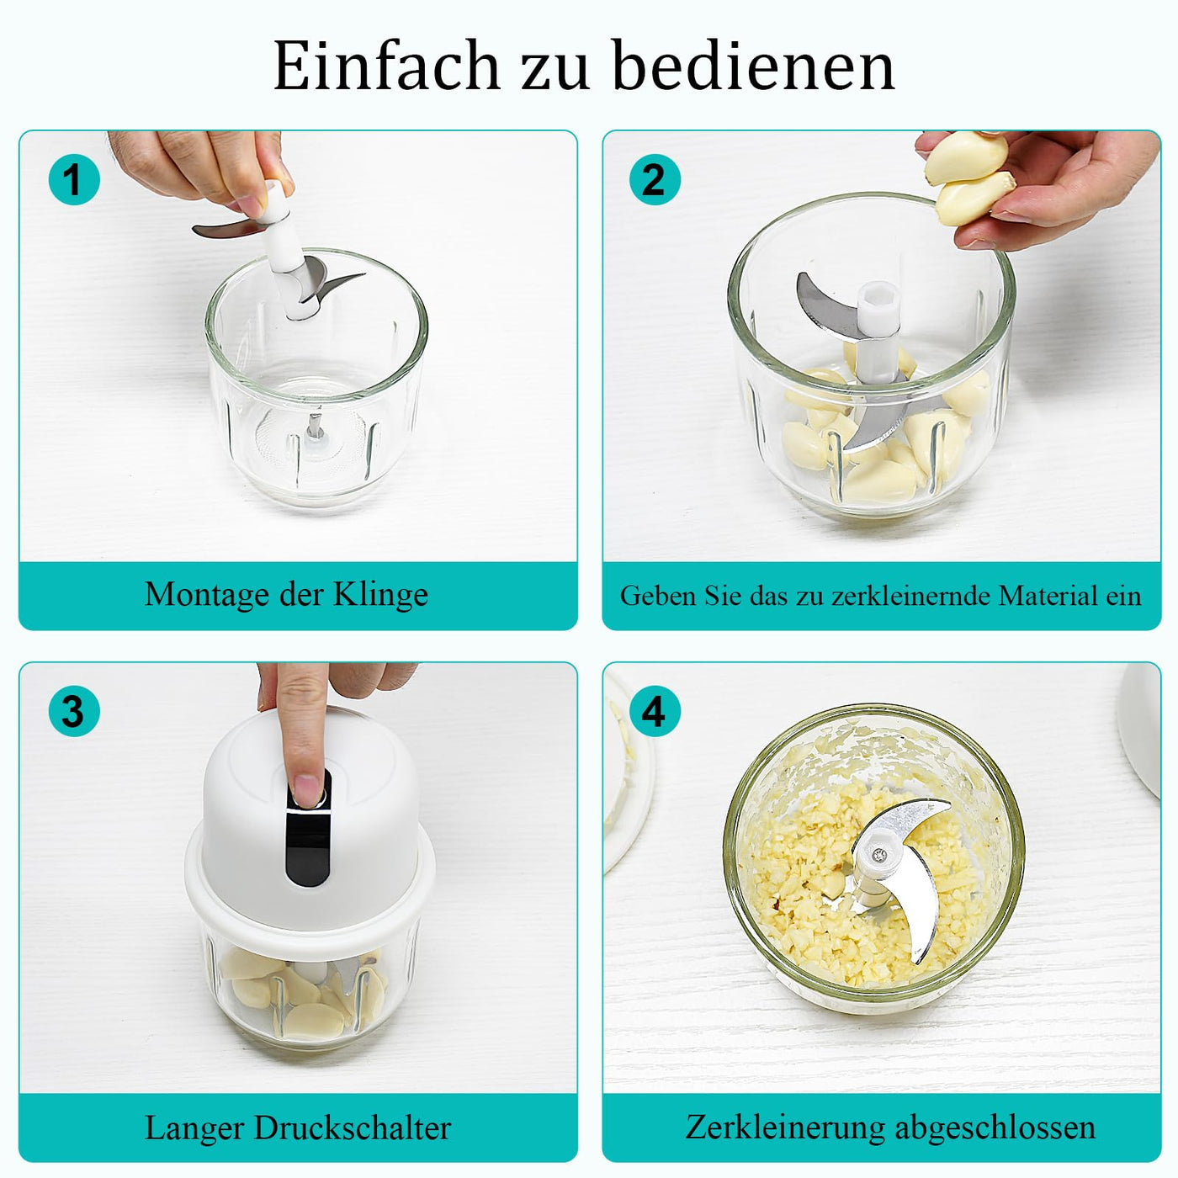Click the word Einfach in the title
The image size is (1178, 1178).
tap(385, 66)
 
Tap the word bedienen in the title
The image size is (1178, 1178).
tap(753, 65)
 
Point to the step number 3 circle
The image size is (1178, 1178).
tap(74, 711)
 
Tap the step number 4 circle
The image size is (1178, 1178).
tap(655, 711)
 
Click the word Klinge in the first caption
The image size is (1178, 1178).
tap(379, 594)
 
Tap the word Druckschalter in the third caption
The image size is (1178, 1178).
tap(353, 1128)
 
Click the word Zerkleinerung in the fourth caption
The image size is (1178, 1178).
tap(785, 1127)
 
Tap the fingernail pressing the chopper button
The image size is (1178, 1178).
tap(306, 789)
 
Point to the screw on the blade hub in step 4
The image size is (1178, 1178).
tap(879, 855)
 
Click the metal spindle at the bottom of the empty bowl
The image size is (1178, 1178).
tap(315, 425)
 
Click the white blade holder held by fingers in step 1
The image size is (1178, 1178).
tap(283, 247)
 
